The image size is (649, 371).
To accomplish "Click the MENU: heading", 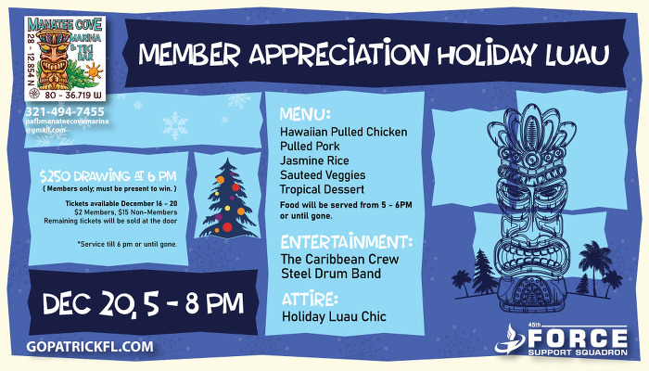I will (305, 115).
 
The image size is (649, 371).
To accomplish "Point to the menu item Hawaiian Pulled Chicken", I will (344, 133).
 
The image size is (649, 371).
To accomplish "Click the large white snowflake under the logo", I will (175, 124).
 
